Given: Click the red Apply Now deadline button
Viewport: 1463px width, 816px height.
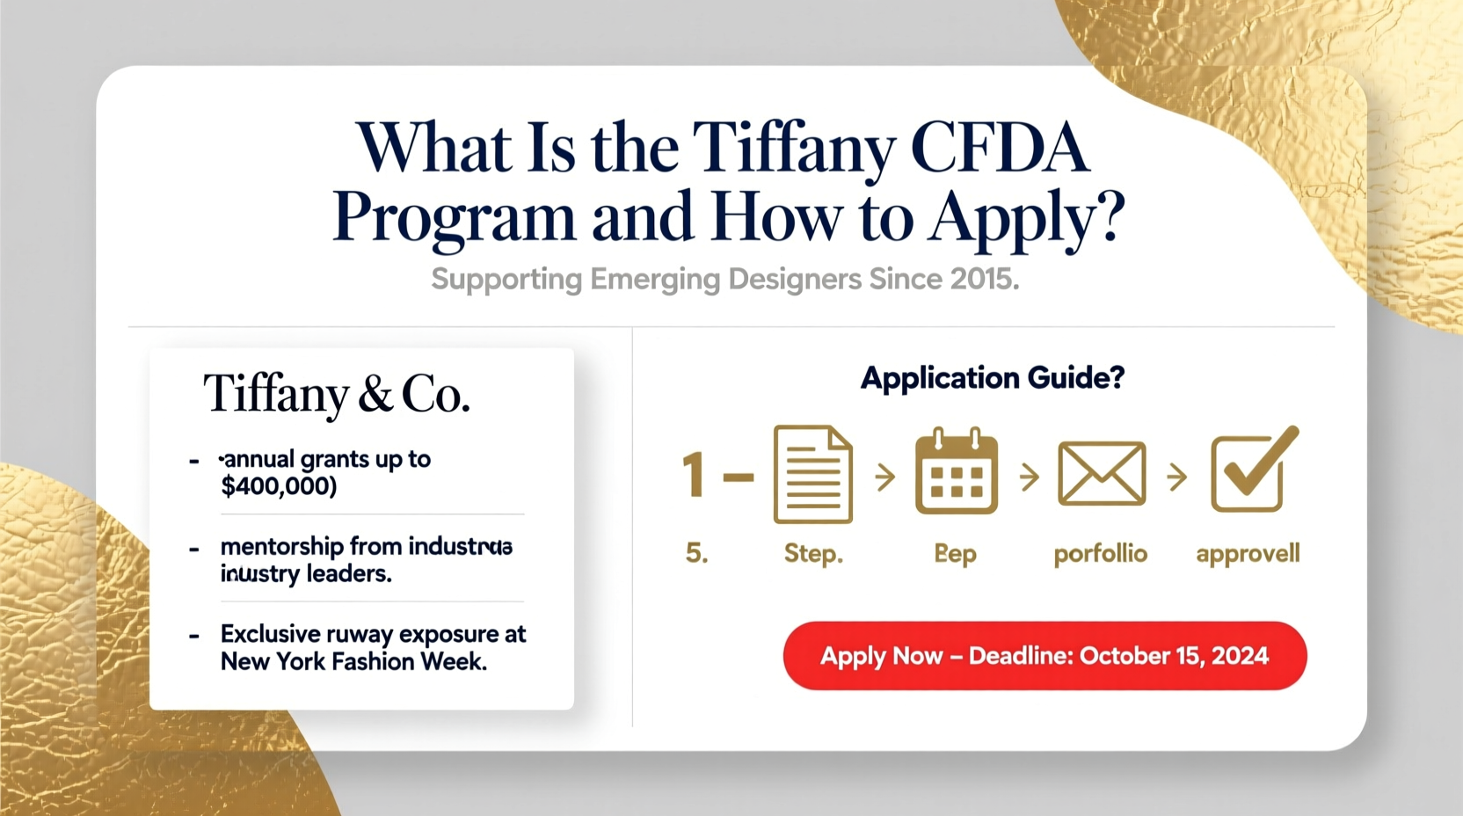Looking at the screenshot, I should pyautogui.click(x=1044, y=656).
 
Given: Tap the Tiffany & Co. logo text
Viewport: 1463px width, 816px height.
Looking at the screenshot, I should pyautogui.click(x=337, y=394).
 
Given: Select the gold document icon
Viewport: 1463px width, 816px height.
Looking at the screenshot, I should pyautogui.click(x=812, y=475).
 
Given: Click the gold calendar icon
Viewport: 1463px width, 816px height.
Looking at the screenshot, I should pyautogui.click(x=956, y=472).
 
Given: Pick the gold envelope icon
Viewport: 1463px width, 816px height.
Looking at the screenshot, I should pyautogui.click(x=1102, y=474).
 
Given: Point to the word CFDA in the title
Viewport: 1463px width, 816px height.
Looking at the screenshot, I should pyautogui.click(x=1000, y=148).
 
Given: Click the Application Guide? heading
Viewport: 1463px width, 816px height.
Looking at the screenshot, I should pyautogui.click(x=992, y=378).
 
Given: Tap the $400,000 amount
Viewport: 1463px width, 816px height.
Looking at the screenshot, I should pyautogui.click(x=278, y=486).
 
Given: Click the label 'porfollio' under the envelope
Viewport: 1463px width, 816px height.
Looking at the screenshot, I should pyautogui.click(x=1100, y=554).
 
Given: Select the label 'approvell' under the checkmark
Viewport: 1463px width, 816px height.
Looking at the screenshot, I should pyautogui.click(x=1248, y=554).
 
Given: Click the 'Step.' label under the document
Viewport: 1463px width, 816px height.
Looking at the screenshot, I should pyautogui.click(x=813, y=554).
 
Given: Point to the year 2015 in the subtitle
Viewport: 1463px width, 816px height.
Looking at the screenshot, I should pyautogui.click(x=984, y=280).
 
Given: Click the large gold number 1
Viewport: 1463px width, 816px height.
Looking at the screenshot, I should pyautogui.click(x=694, y=476).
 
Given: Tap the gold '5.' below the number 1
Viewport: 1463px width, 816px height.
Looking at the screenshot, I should pyautogui.click(x=696, y=553).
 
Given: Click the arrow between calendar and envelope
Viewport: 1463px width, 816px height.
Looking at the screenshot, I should pyautogui.click(x=1030, y=477).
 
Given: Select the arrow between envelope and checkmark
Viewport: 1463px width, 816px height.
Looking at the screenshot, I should pyautogui.click(x=1176, y=477).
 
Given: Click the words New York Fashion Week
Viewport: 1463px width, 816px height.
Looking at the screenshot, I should pyautogui.click(x=353, y=662).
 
